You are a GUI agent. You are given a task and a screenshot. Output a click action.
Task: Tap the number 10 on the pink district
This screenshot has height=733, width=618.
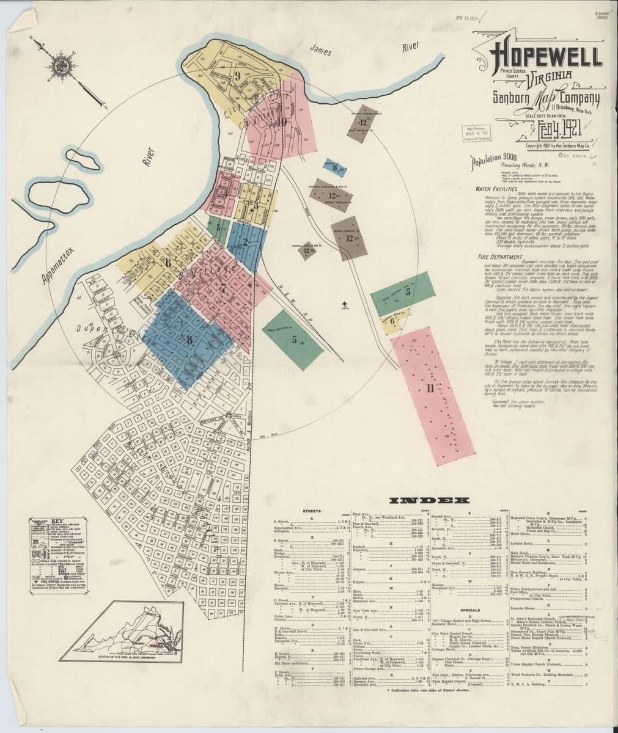pyautogui.click(x=281, y=120)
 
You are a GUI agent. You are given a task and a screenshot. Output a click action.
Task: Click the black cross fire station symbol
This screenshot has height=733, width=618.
pyautogui.click(x=345, y=304)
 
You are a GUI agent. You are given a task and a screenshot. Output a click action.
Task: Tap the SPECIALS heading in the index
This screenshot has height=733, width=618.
pyautogui.click(x=469, y=609)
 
